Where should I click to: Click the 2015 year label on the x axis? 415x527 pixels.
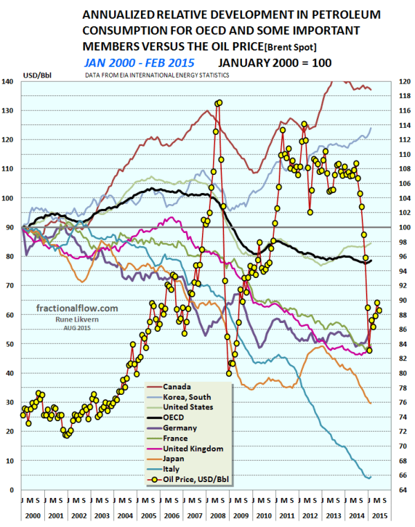click(379, 517)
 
